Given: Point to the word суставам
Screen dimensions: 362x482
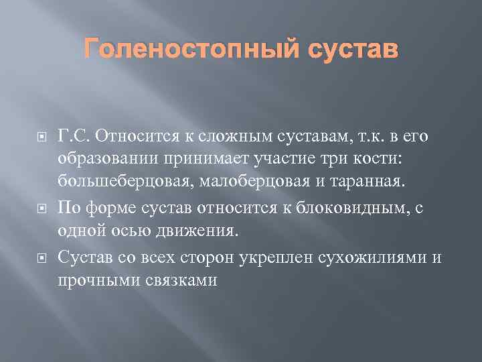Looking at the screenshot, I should click(301, 137).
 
